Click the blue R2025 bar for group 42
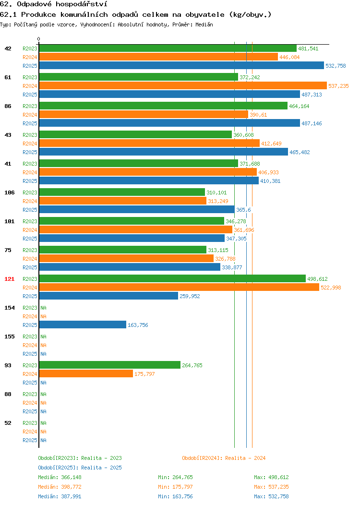(x=181, y=65)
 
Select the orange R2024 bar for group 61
(x=183, y=85)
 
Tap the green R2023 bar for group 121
(x=172, y=278)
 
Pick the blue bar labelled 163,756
(x=83, y=325)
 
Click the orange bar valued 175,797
(x=86, y=373)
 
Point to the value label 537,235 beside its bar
(x=338, y=86)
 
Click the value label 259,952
(x=190, y=296)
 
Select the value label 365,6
(x=243, y=210)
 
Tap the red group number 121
(x=9, y=279)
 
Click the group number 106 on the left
(x=9, y=192)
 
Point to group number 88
(x=8, y=394)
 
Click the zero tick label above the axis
(x=39, y=39)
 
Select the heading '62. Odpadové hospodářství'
(x=53, y=4)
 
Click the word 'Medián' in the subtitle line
(x=204, y=25)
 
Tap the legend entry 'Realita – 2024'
(x=245, y=458)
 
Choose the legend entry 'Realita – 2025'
(x=101, y=468)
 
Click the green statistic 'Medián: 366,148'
(x=60, y=477)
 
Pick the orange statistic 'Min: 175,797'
(x=175, y=487)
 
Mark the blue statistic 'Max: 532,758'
(x=271, y=497)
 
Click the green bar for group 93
(x=110, y=365)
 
